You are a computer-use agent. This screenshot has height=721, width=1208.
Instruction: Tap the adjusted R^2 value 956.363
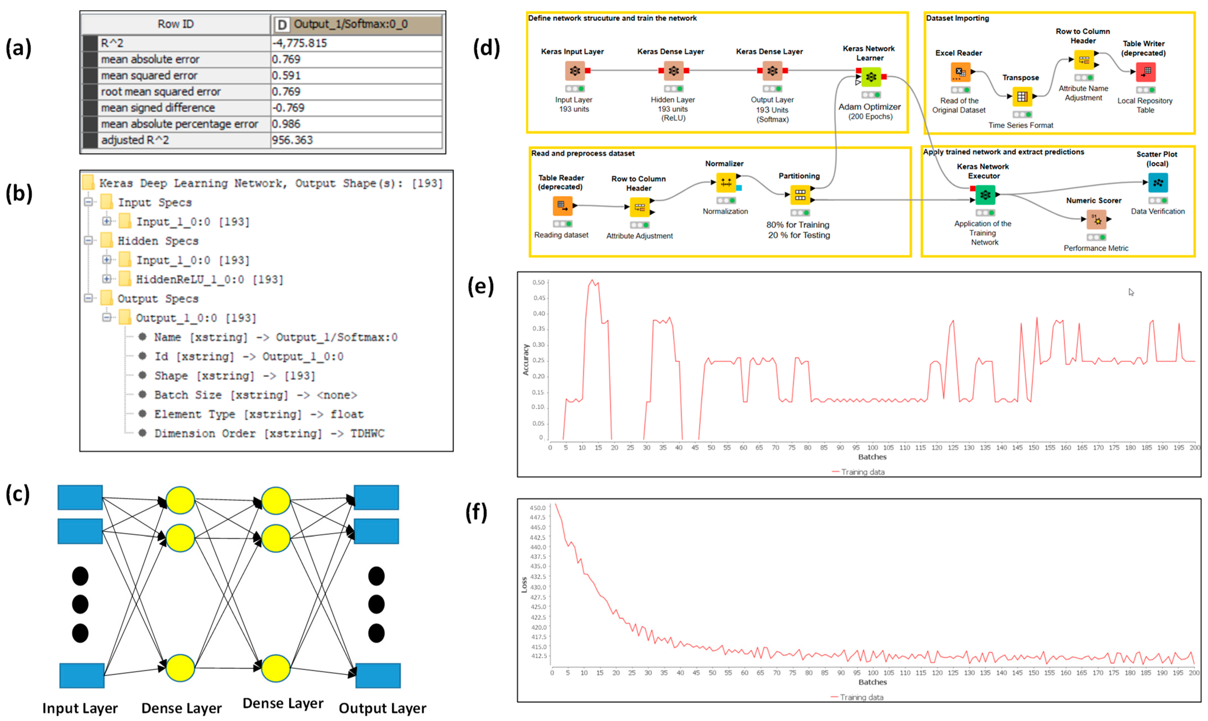point(356,140)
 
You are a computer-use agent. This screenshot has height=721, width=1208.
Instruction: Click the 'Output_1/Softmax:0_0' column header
point(356,24)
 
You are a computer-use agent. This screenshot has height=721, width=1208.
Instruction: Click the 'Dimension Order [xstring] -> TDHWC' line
point(269,433)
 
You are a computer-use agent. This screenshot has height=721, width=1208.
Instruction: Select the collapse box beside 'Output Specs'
point(88,298)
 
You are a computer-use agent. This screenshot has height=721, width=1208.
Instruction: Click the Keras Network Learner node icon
point(871,77)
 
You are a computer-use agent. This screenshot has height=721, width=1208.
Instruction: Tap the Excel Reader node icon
point(960,72)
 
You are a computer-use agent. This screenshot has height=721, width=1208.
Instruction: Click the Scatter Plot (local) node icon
point(1158,183)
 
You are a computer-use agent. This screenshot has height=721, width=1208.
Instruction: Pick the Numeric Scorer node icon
point(1096,220)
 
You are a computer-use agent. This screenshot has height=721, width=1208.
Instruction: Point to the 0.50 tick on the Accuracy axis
point(538,282)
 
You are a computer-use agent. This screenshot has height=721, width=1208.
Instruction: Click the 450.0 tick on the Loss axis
point(537,508)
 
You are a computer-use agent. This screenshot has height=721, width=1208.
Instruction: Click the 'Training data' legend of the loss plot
point(861,697)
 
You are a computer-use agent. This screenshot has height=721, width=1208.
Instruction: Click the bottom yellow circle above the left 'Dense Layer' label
point(180,668)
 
